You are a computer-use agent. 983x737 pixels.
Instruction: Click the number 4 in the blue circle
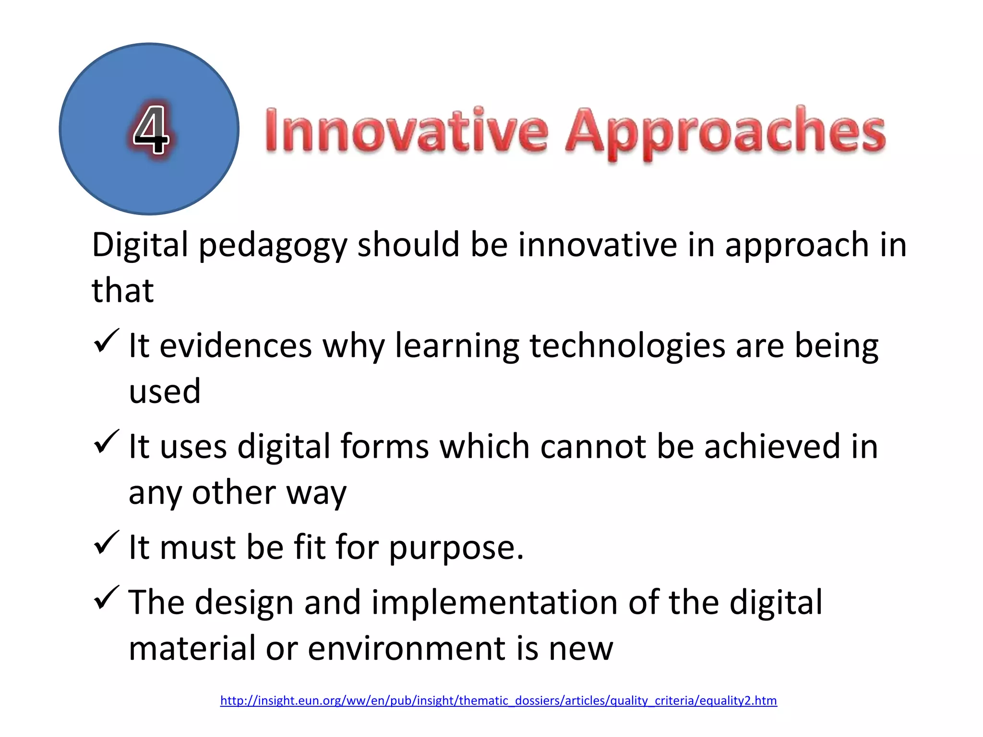(151, 130)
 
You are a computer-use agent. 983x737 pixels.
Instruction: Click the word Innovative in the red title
(406, 131)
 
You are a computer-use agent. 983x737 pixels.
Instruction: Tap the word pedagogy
(272, 246)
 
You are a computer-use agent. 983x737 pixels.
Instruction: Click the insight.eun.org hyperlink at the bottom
(498, 701)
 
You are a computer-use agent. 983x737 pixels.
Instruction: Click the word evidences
(236, 346)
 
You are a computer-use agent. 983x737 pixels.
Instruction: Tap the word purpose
(456, 548)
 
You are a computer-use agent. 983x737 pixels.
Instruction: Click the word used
(165, 392)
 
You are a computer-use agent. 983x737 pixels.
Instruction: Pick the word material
(192, 649)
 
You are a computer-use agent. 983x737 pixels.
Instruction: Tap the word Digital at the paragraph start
(140, 246)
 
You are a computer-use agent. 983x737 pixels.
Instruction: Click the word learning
(457, 346)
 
